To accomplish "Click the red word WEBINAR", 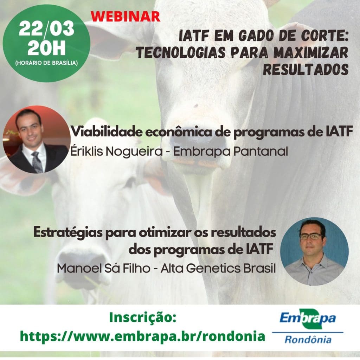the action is pyautogui.click(x=126, y=16).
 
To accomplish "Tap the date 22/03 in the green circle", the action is pyautogui.click(x=46, y=29).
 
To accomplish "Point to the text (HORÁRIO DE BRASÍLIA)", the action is pyautogui.click(x=46, y=63).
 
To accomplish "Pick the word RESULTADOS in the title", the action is pyautogui.click(x=306, y=69).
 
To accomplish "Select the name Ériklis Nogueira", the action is pyautogui.click(x=116, y=151).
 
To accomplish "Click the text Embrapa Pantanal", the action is pyautogui.click(x=231, y=152).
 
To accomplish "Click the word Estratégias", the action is pyautogui.click(x=68, y=233).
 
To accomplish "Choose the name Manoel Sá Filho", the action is pyautogui.click(x=104, y=268).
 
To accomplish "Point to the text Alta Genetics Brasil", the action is pyautogui.click(x=218, y=268).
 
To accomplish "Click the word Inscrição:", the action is pyautogui.click(x=143, y=317).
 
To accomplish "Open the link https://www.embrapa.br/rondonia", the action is pyautogui.click(x=143, y=336).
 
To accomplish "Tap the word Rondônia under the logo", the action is pyautogui.click(x=308, y=339).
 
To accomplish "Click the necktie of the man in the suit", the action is pyautogui.click(x=37, y=162).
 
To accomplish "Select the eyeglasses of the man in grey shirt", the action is pyautogui.click(x=312, y=236).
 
